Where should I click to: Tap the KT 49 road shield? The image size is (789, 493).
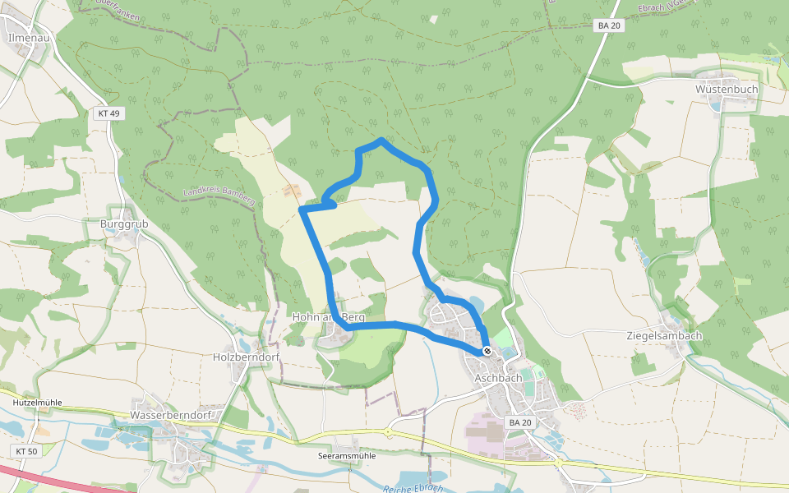(x=108, y=113)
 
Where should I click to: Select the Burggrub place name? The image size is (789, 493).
(x=116, y=223)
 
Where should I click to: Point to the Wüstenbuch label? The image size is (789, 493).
(x=727, y=89)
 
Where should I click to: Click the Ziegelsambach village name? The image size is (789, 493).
(x=664, y=336)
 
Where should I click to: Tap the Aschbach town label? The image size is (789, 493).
(x=498, y=377)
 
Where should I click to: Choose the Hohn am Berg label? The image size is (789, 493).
(x=329, y=316)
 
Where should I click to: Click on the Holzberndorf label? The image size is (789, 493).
(x=247, y=357)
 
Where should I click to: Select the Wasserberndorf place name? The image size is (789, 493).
(x=171, y=415)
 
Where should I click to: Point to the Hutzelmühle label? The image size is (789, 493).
(x=38, y=403)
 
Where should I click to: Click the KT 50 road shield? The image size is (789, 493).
(x=26, y=451)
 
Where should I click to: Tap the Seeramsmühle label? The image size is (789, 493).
(x=346, y=455)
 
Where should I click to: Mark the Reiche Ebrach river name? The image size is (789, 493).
(x=413, y=488)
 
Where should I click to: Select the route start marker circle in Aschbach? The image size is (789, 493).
(x=487, y=351)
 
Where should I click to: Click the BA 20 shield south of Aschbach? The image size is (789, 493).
(x=520, y=422)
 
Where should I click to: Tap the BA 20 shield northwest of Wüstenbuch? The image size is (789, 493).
(x=609, y=25)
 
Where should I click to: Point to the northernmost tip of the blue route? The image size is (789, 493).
(x=381, y=141)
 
